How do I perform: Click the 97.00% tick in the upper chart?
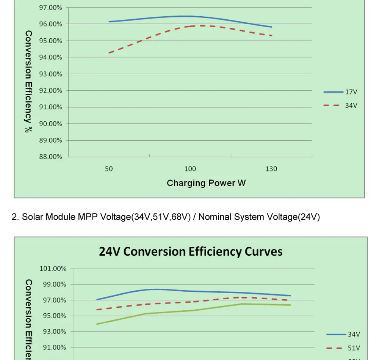tap(51, 7)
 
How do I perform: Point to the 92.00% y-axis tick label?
tap(51, 90)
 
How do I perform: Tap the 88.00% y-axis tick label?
tap(51, 157)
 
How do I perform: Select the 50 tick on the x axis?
tap(109, 169)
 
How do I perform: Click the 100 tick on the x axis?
tap(190, 169)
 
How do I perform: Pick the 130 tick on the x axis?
tap(271, 169)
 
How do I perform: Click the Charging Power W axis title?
tap(206, 183)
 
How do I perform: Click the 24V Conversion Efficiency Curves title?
tap(191, 252)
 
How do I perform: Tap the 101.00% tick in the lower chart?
tap(53, 269)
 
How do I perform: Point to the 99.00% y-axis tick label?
tap(53, 284)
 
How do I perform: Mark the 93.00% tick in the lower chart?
tap(53, 332)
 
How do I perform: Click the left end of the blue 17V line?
tap(109, 22)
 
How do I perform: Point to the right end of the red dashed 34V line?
tap(272, 36)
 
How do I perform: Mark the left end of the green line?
tap(97, 324)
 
